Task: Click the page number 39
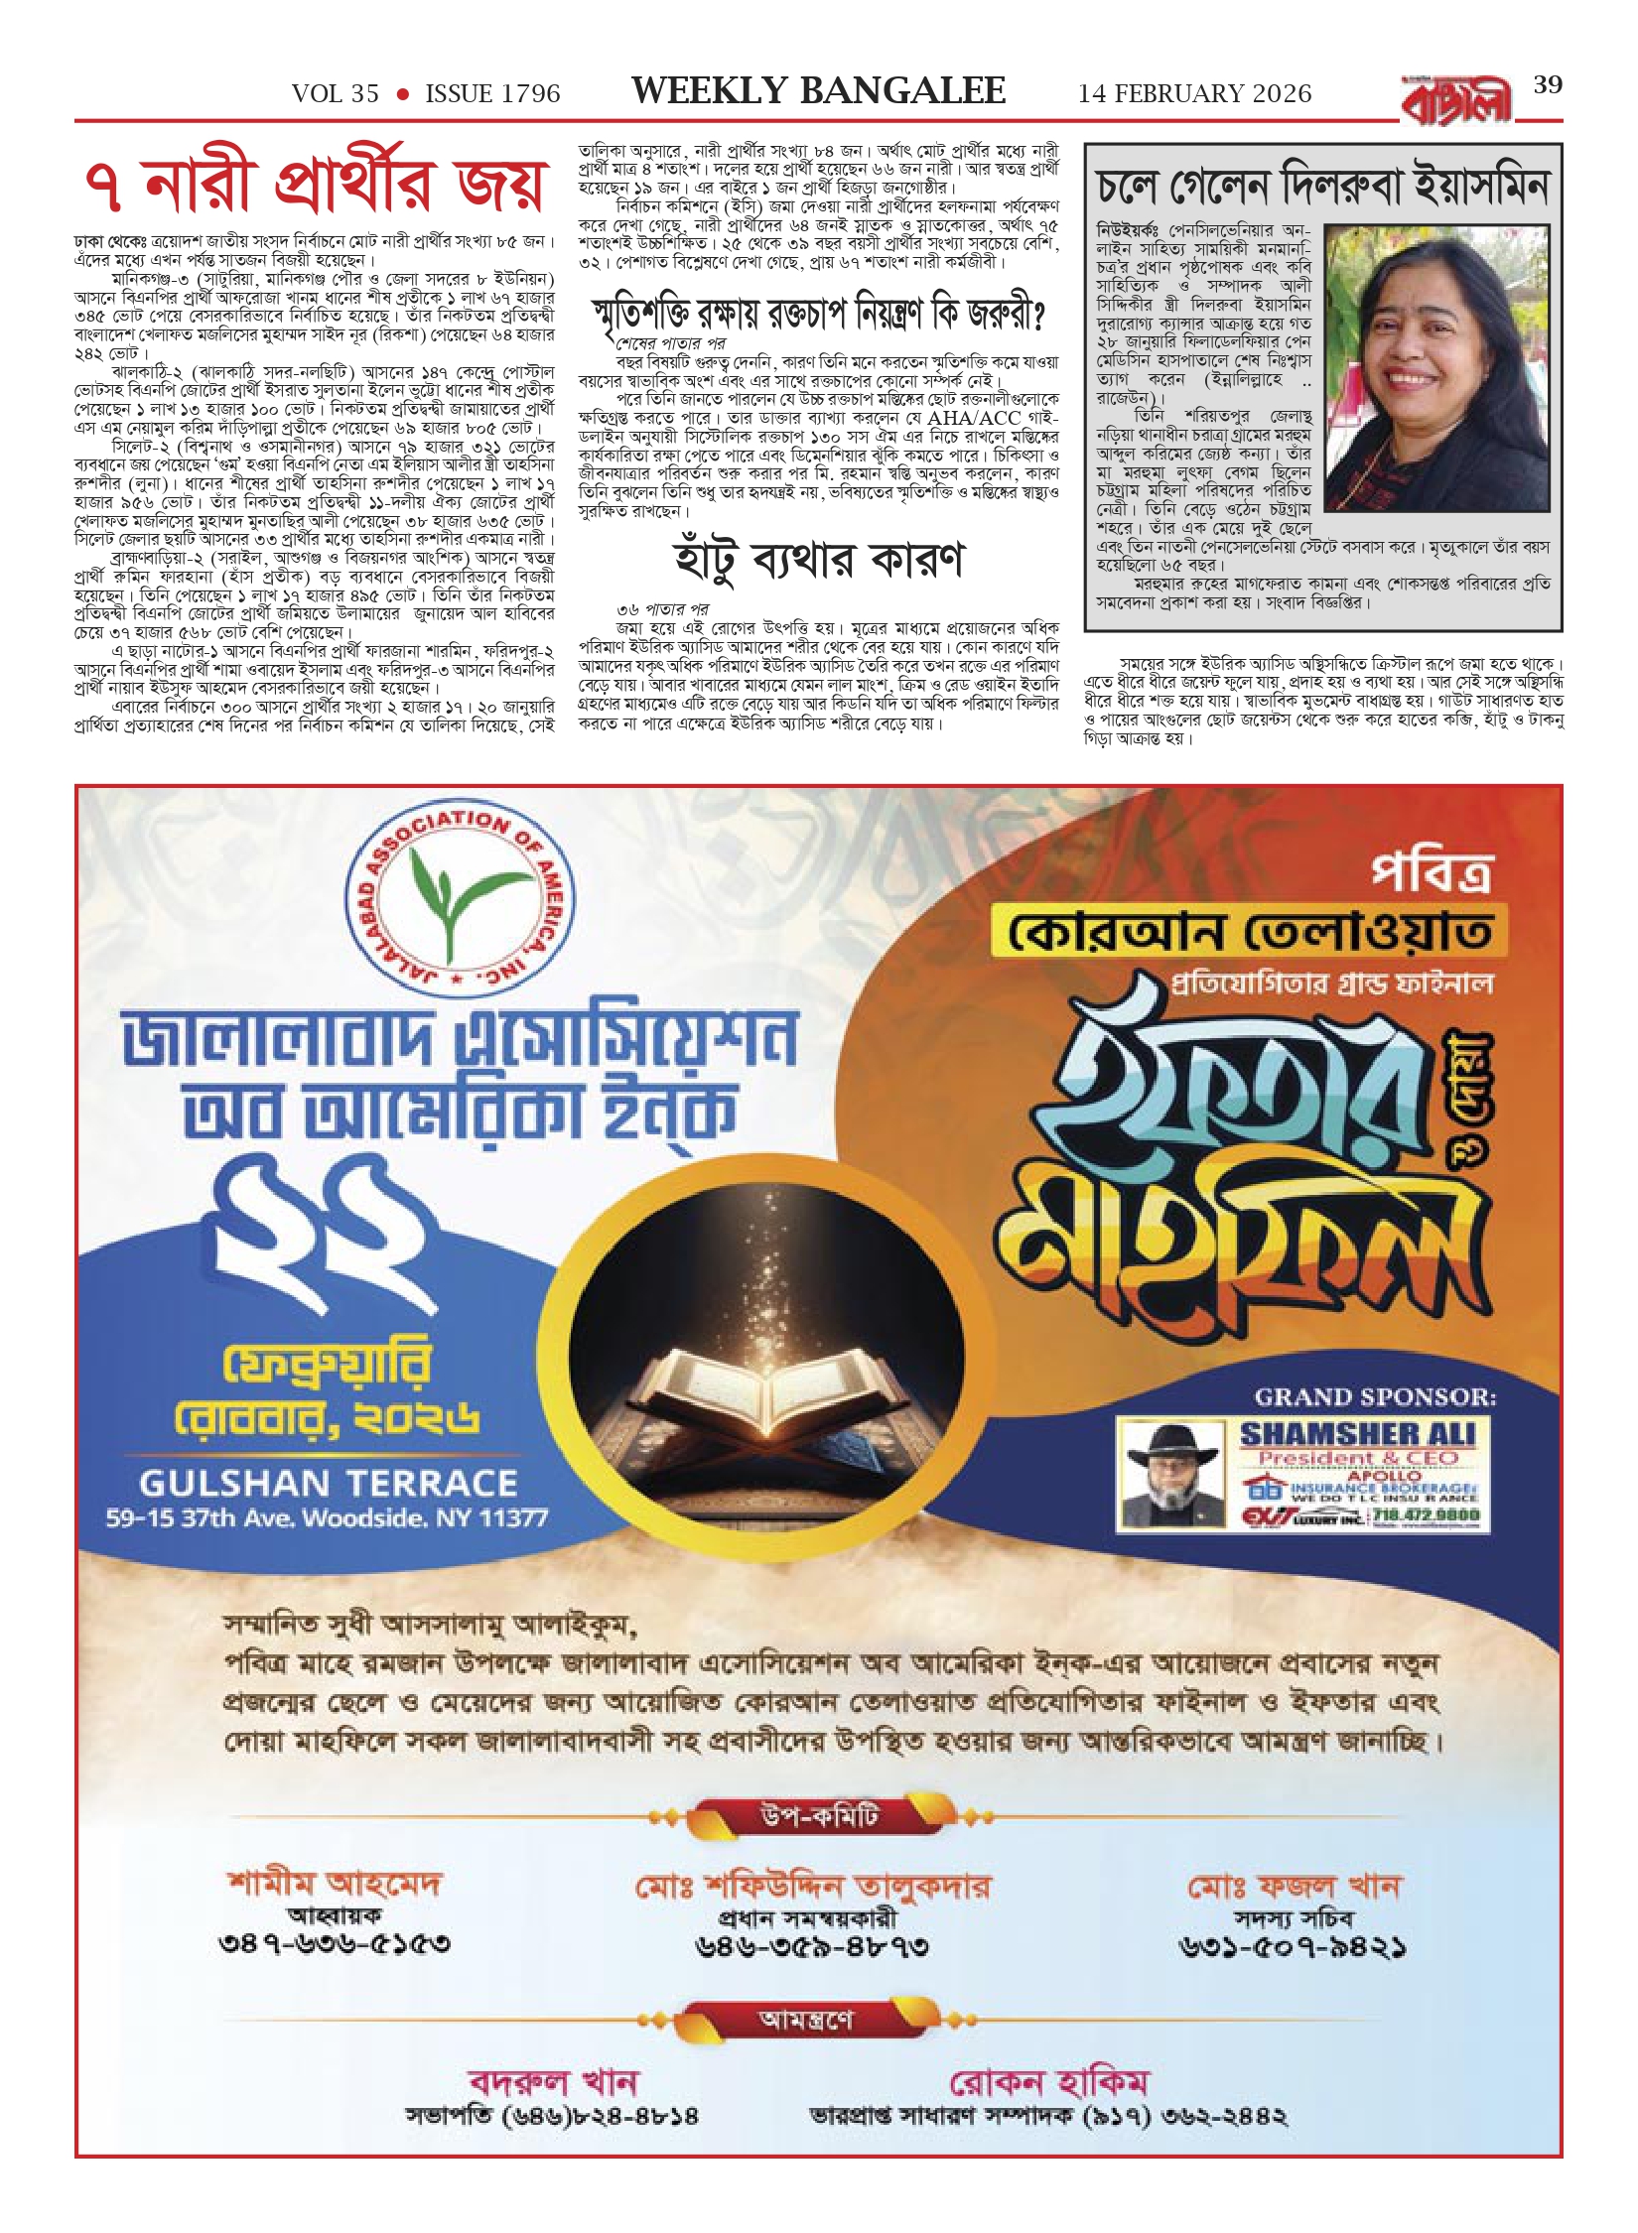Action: pyautogui.click(x=1548, y=84)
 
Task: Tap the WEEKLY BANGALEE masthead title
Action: pyautogui.click(x=818, y=91)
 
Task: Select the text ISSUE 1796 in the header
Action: pyautogui.click(x=492, y=94)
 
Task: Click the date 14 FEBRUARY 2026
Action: pyautogui.click(x=1194, y=94)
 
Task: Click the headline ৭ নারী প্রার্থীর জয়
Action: pyautogui.click(x=315, y=188)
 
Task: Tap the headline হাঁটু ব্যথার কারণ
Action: pyautogui.click(x=818, y=560)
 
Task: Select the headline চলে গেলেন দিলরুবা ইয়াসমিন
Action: pyautogui.click(x=1322, y=186)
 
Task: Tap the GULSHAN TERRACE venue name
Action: pyautogui.click(x=329, y=1483)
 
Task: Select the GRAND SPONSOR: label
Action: pyautogui.click(x=1374, y=1397)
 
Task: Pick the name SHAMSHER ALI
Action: pyautogui.click(x=1357, y=1433)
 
